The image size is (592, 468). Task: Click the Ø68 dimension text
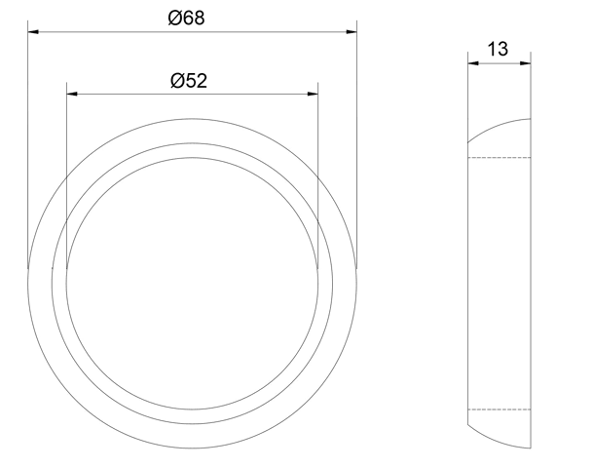coord(186,18)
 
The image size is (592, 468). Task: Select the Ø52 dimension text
coord(188,80)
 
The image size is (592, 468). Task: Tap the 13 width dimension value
coord(498,49)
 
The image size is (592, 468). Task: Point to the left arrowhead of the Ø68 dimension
coord(33,32)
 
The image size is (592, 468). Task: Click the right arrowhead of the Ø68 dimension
coord(351,32)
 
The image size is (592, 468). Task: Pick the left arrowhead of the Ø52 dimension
coord(71,94)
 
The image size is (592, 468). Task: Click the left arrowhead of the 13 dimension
coord(472,63)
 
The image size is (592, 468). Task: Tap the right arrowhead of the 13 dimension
coord(526,63)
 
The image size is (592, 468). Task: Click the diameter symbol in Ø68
coord(173,18)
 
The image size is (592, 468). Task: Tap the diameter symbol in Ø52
coord(176,80)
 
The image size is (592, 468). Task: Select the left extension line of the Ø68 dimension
coord(27,146)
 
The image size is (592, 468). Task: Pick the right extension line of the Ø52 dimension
coord(318,175)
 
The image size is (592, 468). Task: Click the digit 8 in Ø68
coord(199,18)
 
